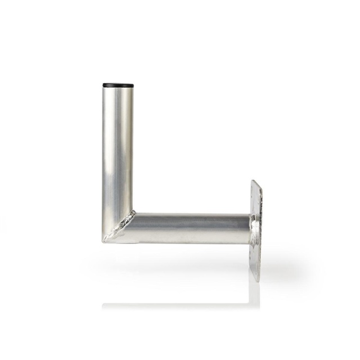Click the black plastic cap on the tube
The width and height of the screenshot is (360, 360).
click(118, 85)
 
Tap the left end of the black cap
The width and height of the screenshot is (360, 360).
click(104, 85)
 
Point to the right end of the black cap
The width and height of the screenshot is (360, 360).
click(133, 85)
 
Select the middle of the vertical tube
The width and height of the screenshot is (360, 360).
click(118, 152)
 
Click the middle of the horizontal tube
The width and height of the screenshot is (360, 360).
click(191, 228)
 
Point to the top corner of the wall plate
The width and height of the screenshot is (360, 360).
click(254, 181)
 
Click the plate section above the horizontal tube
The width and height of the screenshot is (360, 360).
click(256, 197)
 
